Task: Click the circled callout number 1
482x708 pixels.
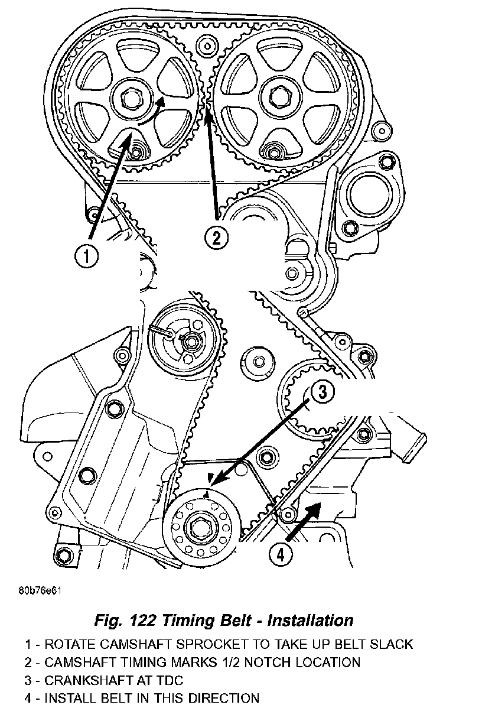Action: [x=86, y=256]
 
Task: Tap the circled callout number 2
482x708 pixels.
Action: [x=216, y=238]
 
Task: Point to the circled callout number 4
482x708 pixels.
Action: [x=281, y=554]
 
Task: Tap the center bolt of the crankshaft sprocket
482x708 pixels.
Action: [x=199, y=527]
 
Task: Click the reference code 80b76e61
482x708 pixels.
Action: [x=41, y=591]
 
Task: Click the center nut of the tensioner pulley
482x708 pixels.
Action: [x=191, y=341]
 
